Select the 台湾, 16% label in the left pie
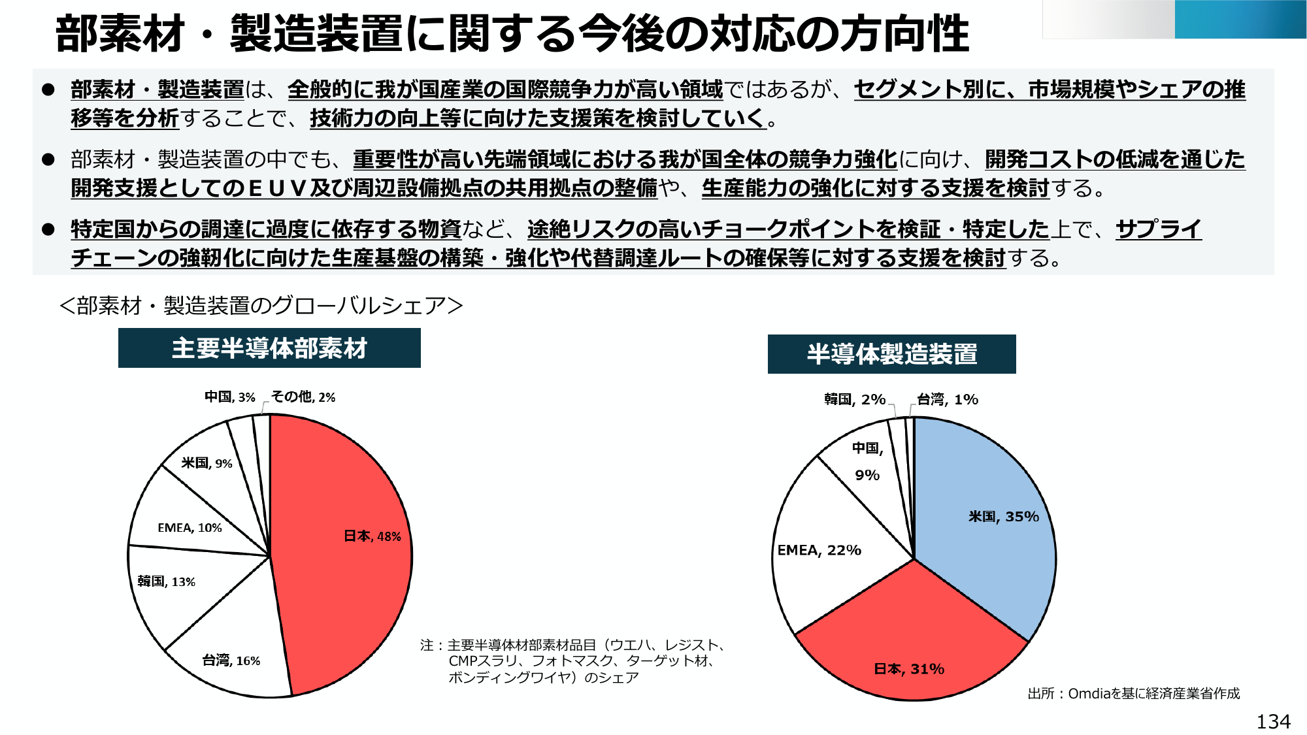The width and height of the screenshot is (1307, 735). [231, 661]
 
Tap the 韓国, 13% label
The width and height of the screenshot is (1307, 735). [166, 581]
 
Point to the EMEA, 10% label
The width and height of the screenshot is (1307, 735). [190, 528]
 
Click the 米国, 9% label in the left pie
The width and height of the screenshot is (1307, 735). [207, 463]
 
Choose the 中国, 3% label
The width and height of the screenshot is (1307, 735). [229, 397]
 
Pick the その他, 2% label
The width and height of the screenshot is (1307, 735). [303, 397]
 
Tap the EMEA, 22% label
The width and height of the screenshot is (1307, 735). [819, 550]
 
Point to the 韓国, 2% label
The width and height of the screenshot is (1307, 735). [854, 399]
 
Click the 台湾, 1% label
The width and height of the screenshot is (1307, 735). [947, 399]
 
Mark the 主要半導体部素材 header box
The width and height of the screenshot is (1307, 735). [269, 348]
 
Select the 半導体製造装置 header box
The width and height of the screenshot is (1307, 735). [891, 354]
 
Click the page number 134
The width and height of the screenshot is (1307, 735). [1273, 721]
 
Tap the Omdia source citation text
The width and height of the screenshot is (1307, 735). [1133, 693]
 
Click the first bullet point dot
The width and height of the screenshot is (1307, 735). [48, 90]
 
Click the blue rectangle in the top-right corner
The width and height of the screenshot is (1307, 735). [1240, 20]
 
